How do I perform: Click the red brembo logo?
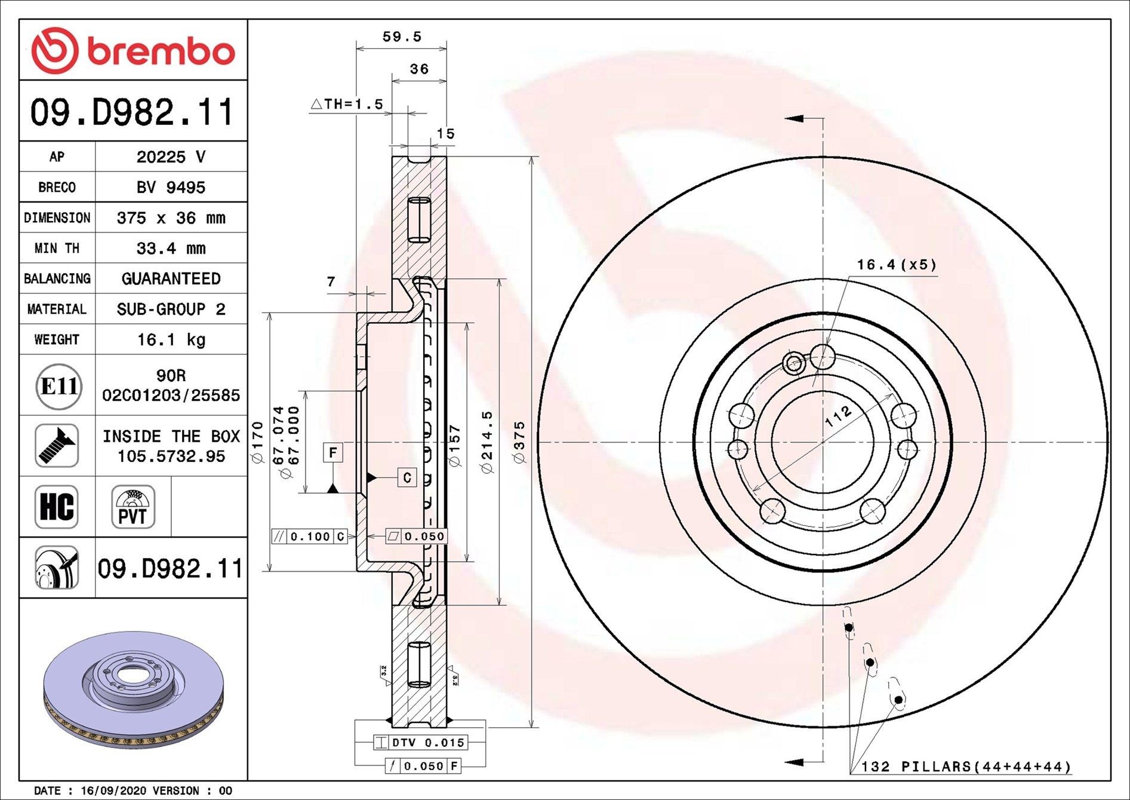[x=133, y=51]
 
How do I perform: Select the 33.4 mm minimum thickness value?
[x=171, y=248]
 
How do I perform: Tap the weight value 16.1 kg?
[x=171, y=339]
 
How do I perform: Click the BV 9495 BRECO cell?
[x=171, y=187]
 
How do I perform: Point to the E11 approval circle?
[x=57, y=386]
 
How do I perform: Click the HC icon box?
[x=57, y=507]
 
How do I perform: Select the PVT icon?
[x=133, y=507]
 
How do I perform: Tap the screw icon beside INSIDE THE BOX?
[x=57, y=446]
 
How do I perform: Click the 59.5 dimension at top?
[x=402, y=36]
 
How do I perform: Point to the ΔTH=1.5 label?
[x=347, y=104]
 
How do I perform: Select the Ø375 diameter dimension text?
[x=519, y=442]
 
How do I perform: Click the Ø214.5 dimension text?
[x=488, y=442]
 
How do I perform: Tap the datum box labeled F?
[x=333, y=452]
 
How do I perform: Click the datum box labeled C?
[x=407, y=477]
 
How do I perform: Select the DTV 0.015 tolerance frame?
[x=420, y=743]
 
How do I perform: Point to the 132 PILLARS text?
[x=965, y=766]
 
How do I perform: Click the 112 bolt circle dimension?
[x=838, y=416]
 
